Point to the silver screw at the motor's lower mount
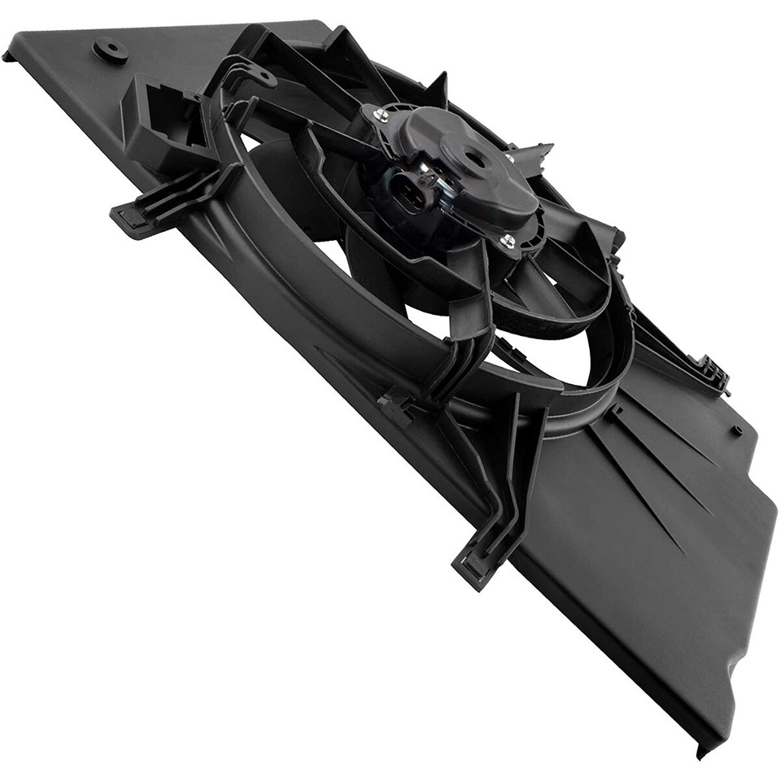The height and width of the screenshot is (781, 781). [508, 240]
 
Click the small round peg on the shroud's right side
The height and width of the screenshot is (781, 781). [736, 430]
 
